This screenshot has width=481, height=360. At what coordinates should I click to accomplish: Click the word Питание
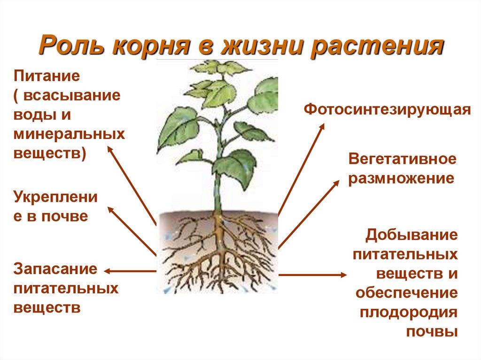pos(47,75)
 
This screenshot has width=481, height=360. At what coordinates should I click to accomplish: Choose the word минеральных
pos(69,134)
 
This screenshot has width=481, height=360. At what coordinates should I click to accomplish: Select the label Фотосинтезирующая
pos(387,109)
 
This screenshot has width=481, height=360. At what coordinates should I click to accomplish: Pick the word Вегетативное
pos(402,159)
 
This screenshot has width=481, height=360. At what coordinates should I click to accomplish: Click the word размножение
pos(401,178)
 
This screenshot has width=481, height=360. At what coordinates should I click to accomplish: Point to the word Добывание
pos(411,235)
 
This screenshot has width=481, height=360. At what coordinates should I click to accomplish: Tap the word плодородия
pos(409,312)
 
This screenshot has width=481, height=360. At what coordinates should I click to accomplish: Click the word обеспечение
pos(406,293)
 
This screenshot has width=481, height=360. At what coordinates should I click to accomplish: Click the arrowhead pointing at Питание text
pos(109,148)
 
